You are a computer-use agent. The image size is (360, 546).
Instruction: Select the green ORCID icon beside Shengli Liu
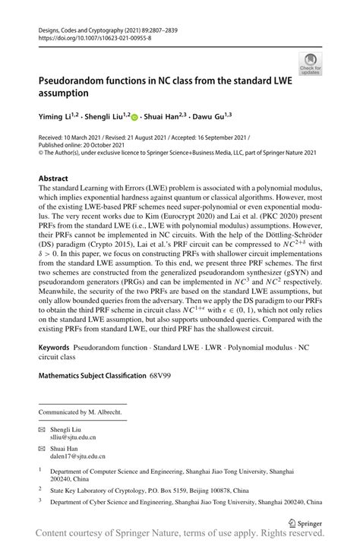click(x=135, y=118)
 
